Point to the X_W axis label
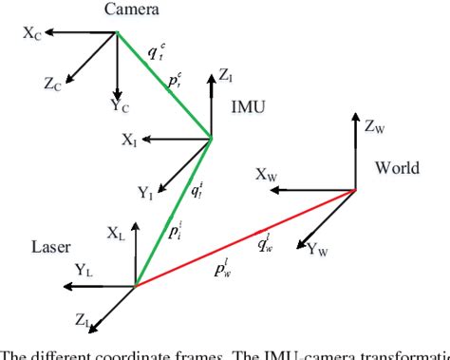pos(267,174)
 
